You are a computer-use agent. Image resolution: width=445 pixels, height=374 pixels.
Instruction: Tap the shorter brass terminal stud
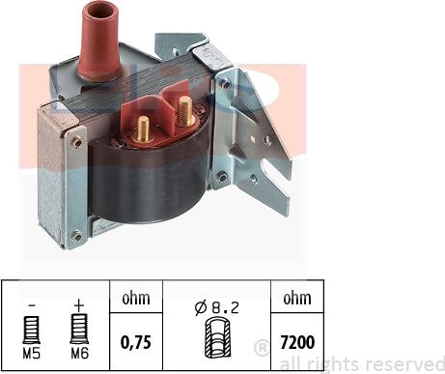pyautogui.click(x=144, y=129)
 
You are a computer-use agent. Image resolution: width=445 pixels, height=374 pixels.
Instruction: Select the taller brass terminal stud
pyautogui.click(x=184, y=111)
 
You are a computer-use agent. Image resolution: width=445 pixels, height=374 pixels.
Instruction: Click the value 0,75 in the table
pyautogui.click(x=136, y=342)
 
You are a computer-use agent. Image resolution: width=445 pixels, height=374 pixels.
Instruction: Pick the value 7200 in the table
pyautogui.click(x=297, y=342)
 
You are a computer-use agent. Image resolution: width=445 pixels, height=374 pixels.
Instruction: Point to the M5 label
pyautogui.click(x=32, y=354)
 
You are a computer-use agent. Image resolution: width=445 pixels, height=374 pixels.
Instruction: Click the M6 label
pyautogui.click(x=79, y=354)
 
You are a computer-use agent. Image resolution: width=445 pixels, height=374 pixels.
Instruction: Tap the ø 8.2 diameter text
pyautogui.click(x=217, y=308)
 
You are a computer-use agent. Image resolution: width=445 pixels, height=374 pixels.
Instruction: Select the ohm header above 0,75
pyautogui.click(x=136, y=299)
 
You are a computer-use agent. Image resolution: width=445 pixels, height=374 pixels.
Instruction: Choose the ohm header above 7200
pyautogui.click(x=297, y=299)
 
